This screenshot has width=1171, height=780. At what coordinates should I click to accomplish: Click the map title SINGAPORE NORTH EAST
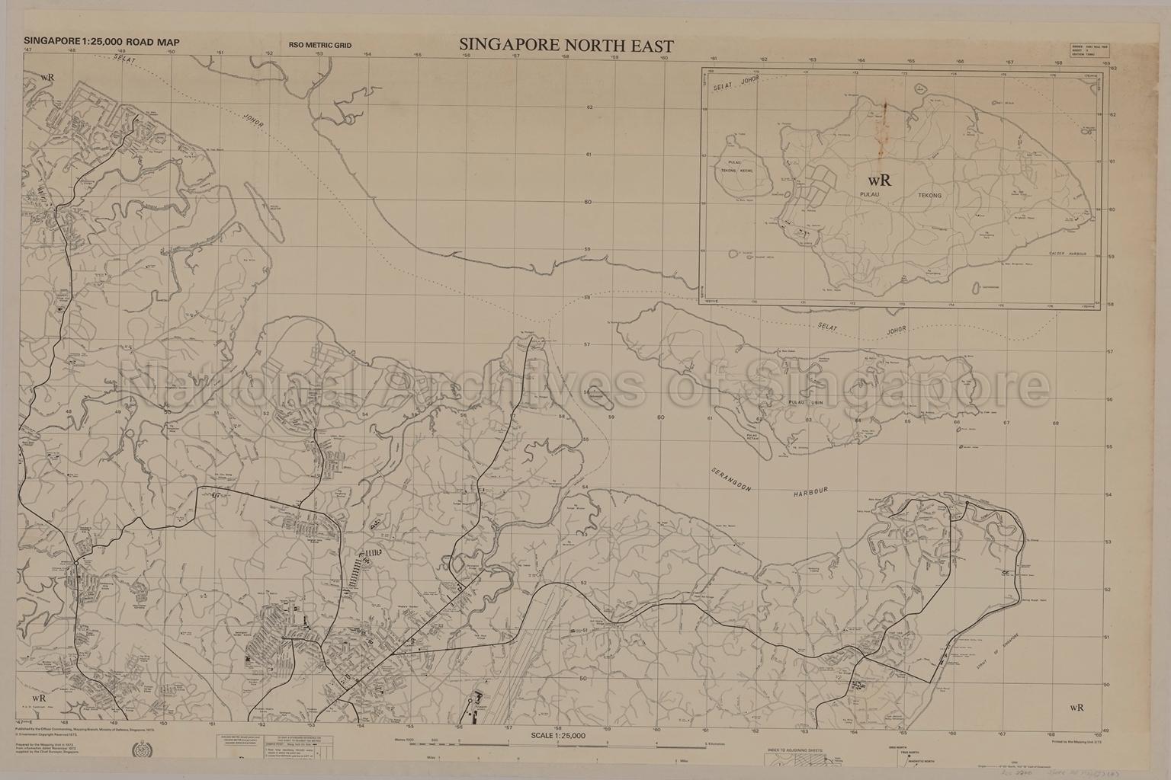pos(566,45)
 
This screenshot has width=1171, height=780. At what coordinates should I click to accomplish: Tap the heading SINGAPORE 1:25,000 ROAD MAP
pos(102,43)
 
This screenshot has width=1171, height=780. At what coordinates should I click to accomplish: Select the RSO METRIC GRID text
pos(320,46)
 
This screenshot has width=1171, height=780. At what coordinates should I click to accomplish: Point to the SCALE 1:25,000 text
pos(558,736)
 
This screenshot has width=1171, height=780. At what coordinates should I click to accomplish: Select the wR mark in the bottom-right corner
pos(1076,707)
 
